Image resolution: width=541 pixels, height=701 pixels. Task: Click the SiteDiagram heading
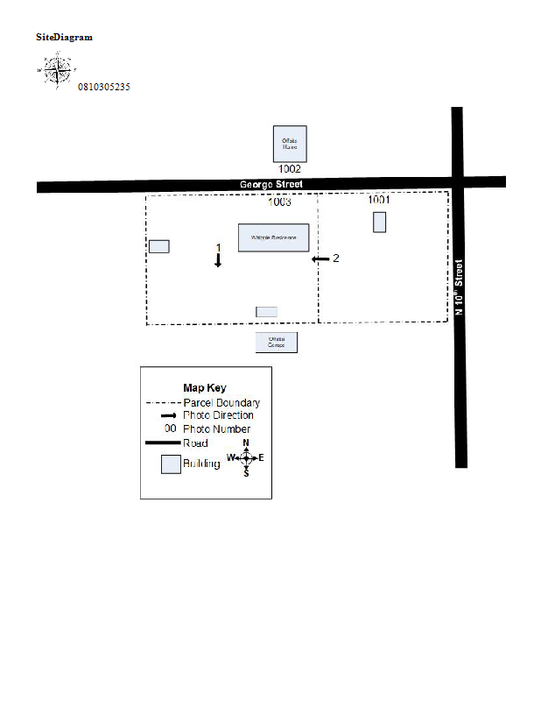tap(64, 37)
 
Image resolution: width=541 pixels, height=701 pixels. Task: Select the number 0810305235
tap(104, 87)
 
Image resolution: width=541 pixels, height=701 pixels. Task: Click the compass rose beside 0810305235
tap(57, 70)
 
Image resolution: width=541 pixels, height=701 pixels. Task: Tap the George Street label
tap(271, 185)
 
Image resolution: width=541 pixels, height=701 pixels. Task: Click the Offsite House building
tap(290, 143)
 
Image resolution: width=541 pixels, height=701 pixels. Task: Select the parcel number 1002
tap(290, 168)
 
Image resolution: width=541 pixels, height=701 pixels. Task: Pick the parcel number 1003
tap(279, 202)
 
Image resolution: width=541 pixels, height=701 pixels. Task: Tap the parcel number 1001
tap(379, 200)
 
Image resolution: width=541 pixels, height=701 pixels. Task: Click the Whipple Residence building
tap(273, 237)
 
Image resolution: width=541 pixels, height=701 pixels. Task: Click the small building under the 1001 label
tap(379, 222)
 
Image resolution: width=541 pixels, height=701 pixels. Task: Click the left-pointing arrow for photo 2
tap(320, 258)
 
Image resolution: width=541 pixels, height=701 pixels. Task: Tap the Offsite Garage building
tap(277, 343)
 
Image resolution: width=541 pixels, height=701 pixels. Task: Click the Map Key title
tap(204, 387)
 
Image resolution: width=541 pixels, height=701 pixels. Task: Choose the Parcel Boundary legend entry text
tap(221, 403)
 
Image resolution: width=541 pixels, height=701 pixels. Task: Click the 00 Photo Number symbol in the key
tap(170, 429)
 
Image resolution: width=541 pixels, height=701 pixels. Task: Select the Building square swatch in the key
tap(170, 464)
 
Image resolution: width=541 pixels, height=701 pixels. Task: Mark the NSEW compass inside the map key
tap(246, 457)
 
